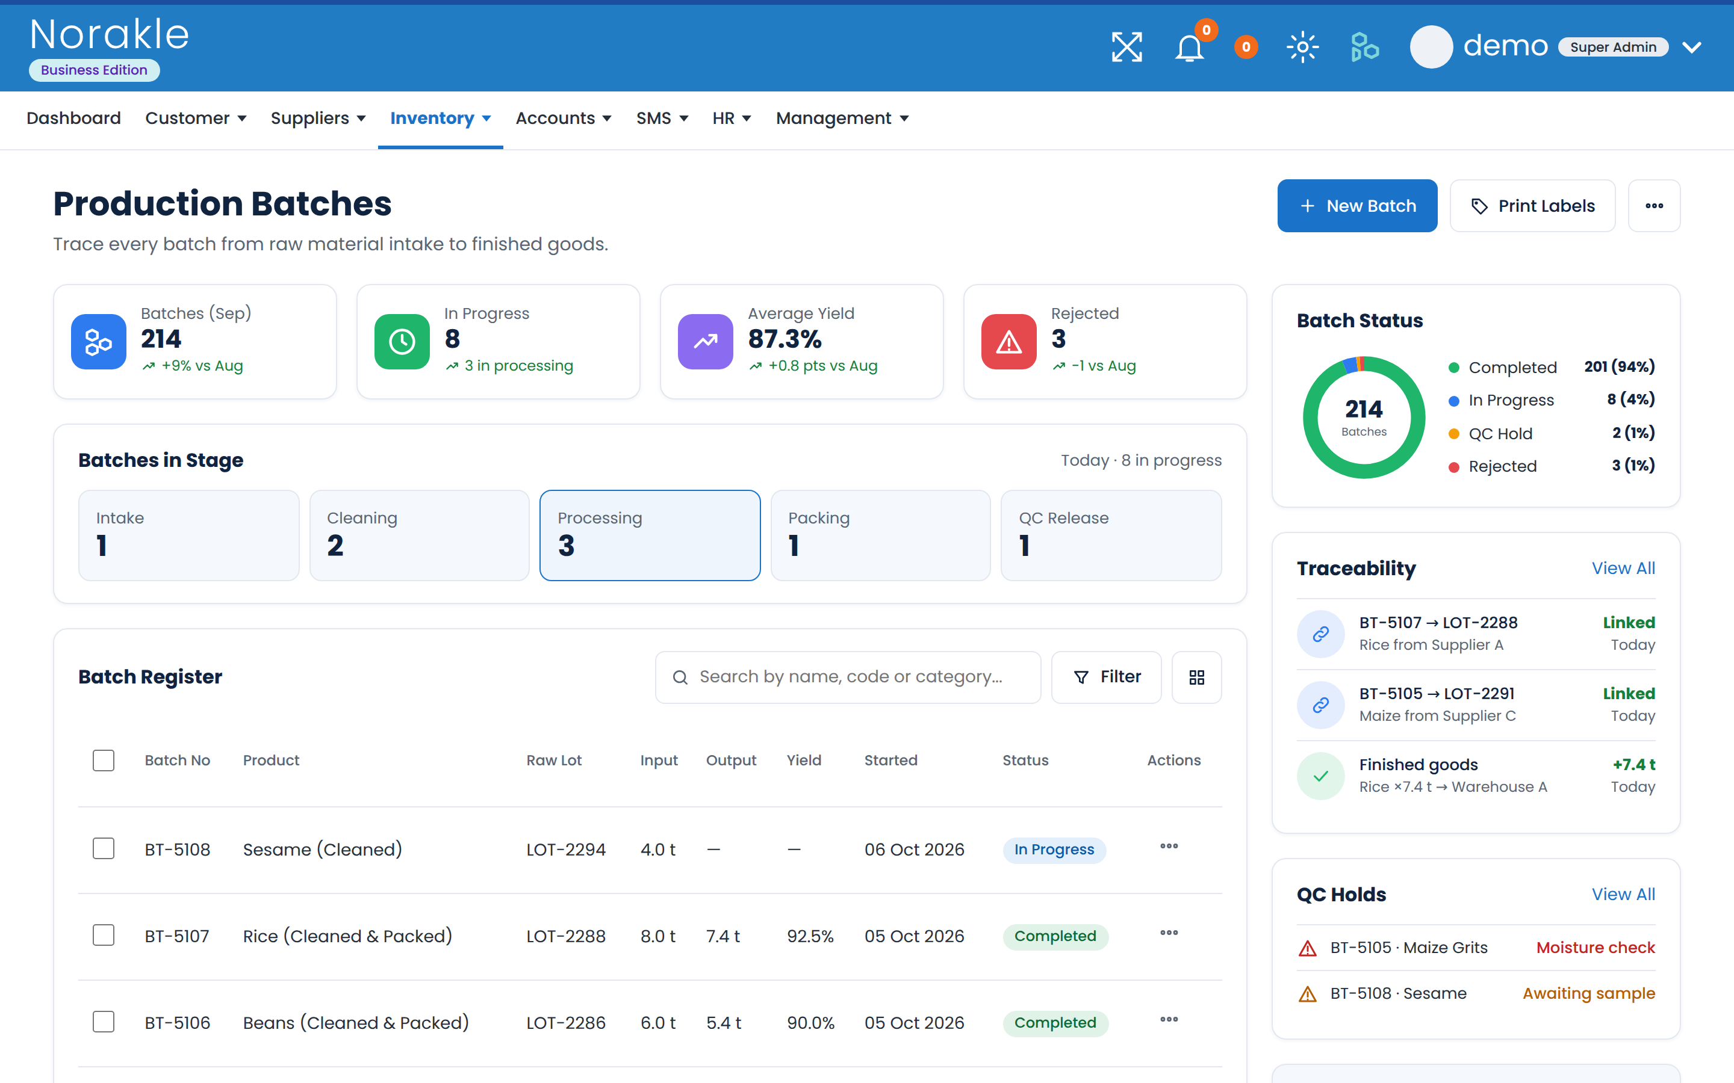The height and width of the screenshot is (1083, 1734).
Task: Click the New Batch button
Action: (x=1357, y=206)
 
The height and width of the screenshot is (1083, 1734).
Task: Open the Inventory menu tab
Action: (x=440, y=118)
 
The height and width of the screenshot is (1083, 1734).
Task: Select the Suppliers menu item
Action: (x=318, y=118)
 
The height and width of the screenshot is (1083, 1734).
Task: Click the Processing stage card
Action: (x=650, y=535)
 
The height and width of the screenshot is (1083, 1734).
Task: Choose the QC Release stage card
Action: (x=1111, y=535)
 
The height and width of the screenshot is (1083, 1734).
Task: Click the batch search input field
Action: (x=848, y=677)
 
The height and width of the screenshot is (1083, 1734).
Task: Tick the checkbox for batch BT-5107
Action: (x=104, y=936)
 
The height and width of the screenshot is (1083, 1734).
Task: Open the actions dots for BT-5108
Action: (x=1169, y=846)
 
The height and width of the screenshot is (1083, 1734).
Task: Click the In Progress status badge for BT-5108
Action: (x=1054, y=850)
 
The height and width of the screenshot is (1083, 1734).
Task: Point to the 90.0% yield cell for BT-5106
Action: (x=810, y=1023)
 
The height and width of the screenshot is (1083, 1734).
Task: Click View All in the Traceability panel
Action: (x=1623, y=568)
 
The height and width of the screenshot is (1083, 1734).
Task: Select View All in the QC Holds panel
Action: (x=1623, y=894)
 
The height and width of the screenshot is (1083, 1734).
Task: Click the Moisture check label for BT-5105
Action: (x=1596, y=948)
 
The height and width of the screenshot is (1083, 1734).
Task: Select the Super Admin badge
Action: (x=1613, y=48)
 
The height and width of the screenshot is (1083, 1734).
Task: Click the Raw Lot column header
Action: (x=554, y=760)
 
